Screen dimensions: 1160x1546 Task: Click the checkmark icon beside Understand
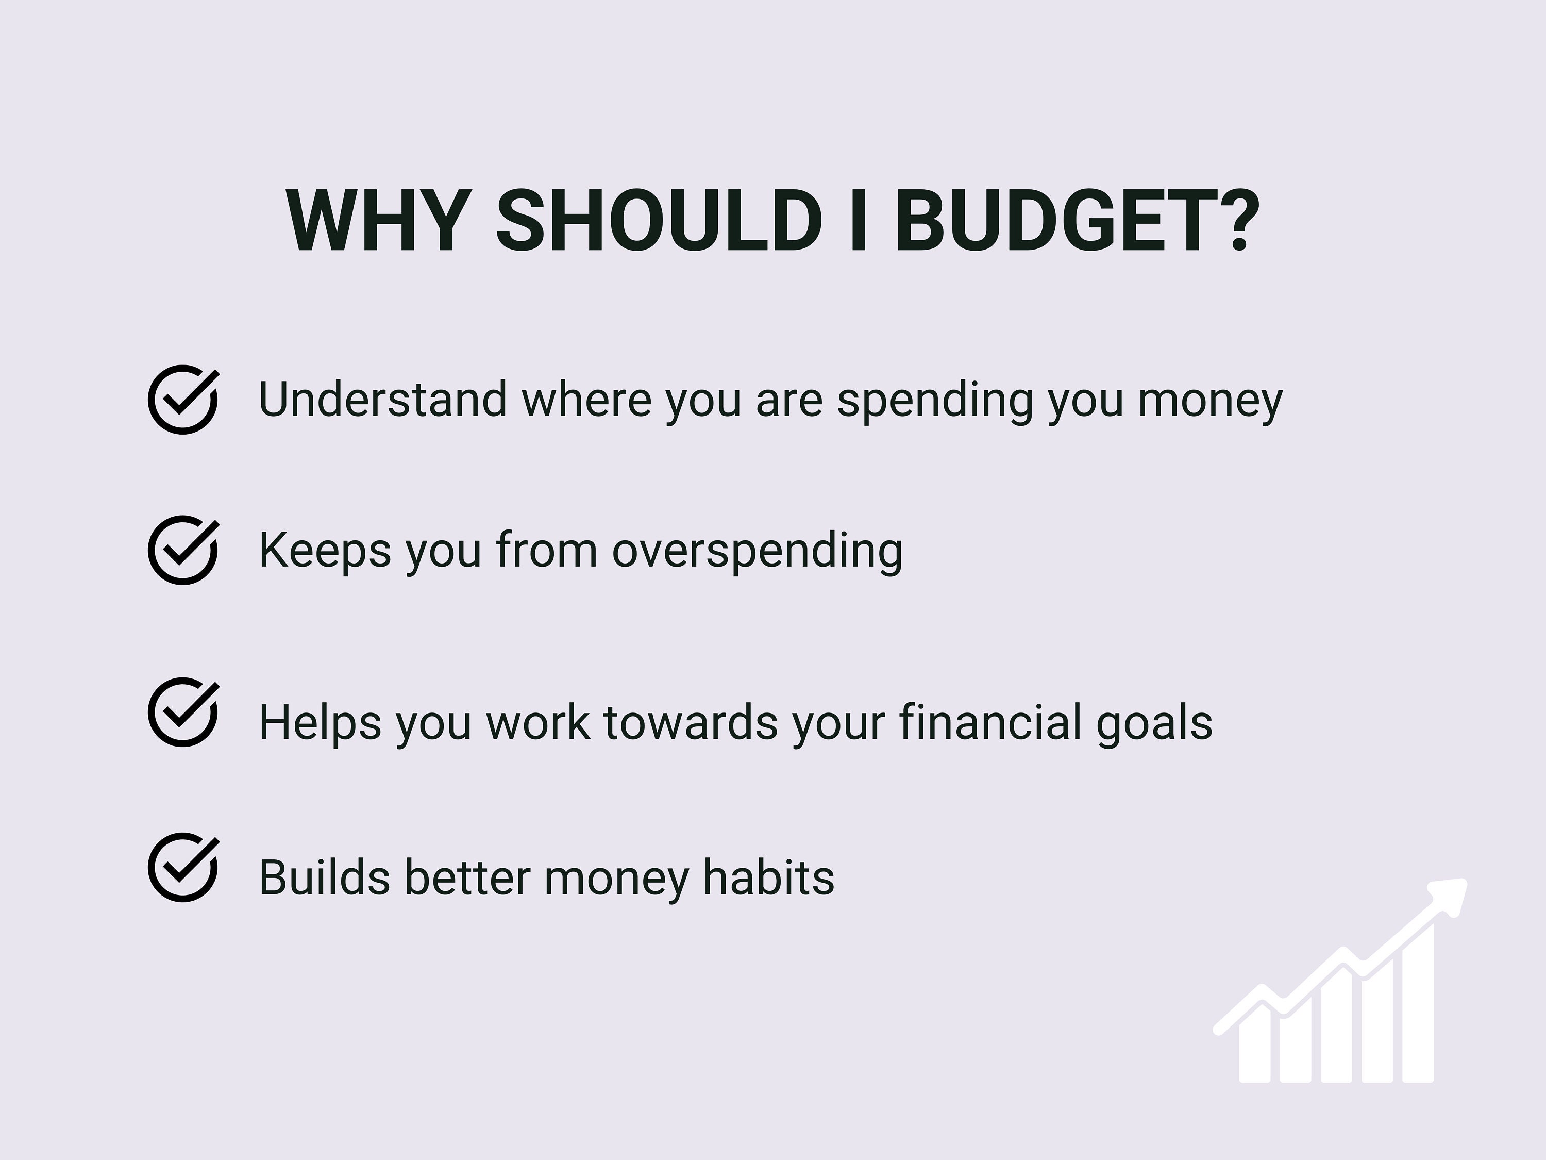tap(183, 400)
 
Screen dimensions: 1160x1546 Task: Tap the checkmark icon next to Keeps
tap(183, 550)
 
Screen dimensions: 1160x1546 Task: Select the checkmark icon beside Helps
tap(183, 712)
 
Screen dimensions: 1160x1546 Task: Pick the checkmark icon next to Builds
tap(183, 867)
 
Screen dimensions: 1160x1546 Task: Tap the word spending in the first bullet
tap(934, 401)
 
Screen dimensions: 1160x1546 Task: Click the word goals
tap(1155, 723)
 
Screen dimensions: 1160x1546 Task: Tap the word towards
tap(691, 722)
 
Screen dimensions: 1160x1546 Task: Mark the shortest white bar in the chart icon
tap(1254, 1049)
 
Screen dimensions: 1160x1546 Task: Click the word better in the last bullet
tap(467, 877)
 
